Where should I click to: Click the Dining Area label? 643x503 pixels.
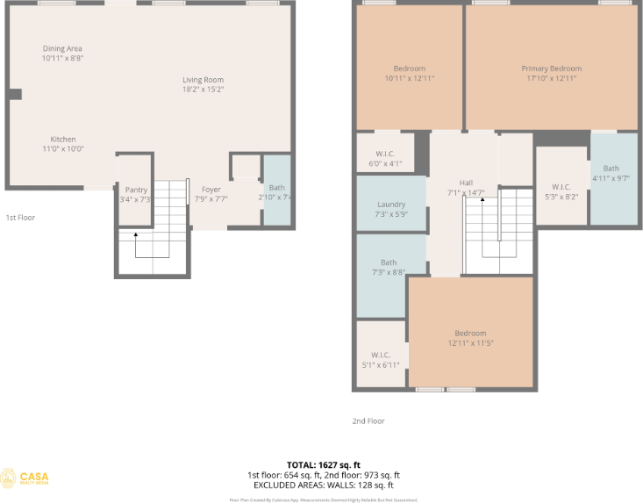(62, 48)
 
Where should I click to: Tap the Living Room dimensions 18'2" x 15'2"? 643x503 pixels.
(203, 89)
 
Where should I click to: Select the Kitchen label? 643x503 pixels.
(62, 140)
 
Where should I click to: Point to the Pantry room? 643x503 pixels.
(136, 194)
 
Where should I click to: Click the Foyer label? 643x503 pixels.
(211, 189)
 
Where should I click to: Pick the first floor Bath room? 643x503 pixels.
(276, 191)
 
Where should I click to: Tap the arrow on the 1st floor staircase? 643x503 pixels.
(135, 235)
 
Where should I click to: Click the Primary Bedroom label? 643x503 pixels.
(551, 68)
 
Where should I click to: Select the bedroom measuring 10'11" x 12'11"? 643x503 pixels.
(409, 73)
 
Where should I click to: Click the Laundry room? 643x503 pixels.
(390, 209)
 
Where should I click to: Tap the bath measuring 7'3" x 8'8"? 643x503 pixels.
(388, 267)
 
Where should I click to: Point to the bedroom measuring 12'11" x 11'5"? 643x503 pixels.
(470, 337)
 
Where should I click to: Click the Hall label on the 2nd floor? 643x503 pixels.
(466, 183)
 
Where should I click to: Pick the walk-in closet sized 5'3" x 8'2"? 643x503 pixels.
(561, 190)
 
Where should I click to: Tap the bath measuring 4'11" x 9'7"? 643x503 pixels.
(611, 173)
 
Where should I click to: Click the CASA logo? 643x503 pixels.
(25, 478)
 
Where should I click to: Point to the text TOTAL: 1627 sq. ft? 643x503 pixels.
(323, 464)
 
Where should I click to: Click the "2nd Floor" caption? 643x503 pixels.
(368, 421)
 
